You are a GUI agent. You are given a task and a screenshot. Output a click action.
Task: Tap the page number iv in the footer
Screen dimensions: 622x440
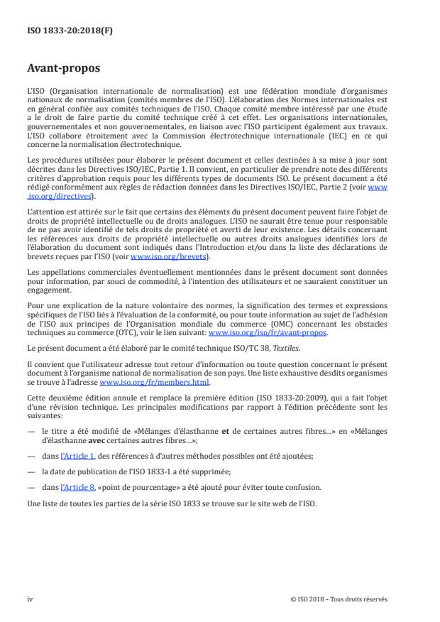point(31,599)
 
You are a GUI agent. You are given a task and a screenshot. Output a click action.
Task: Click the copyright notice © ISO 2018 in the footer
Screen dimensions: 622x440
point(339,599)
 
